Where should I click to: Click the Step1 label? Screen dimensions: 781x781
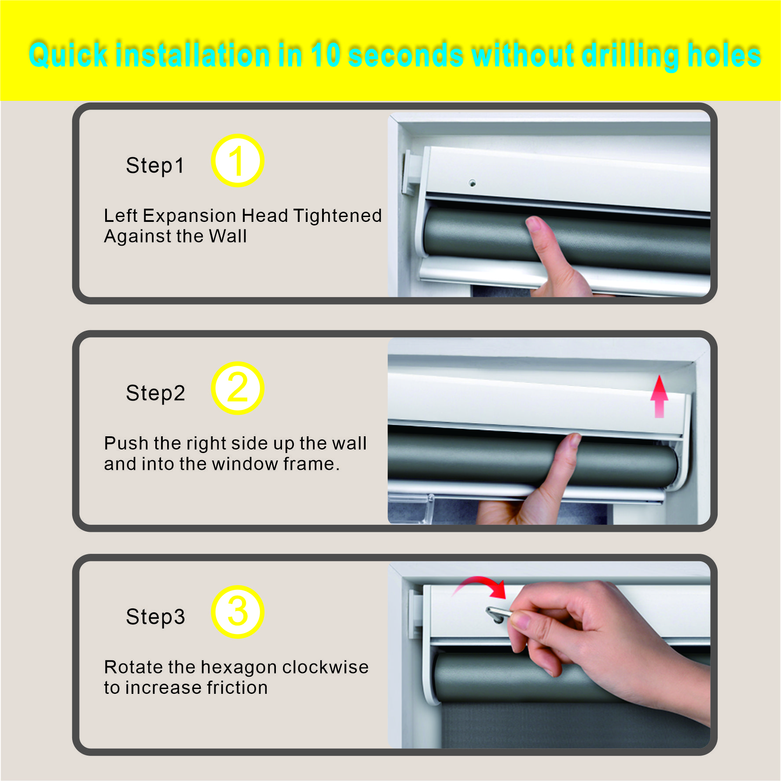[155, 166]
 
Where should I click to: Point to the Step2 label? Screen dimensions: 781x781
[155, 394]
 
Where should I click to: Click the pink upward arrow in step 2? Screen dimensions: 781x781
[659, 396]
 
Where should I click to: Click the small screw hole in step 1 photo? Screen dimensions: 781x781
[472, 183]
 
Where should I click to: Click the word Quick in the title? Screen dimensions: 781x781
[68, 55]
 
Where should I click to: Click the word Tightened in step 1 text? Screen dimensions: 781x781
[337, 216]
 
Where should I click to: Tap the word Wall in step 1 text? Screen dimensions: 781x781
[228, 236]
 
